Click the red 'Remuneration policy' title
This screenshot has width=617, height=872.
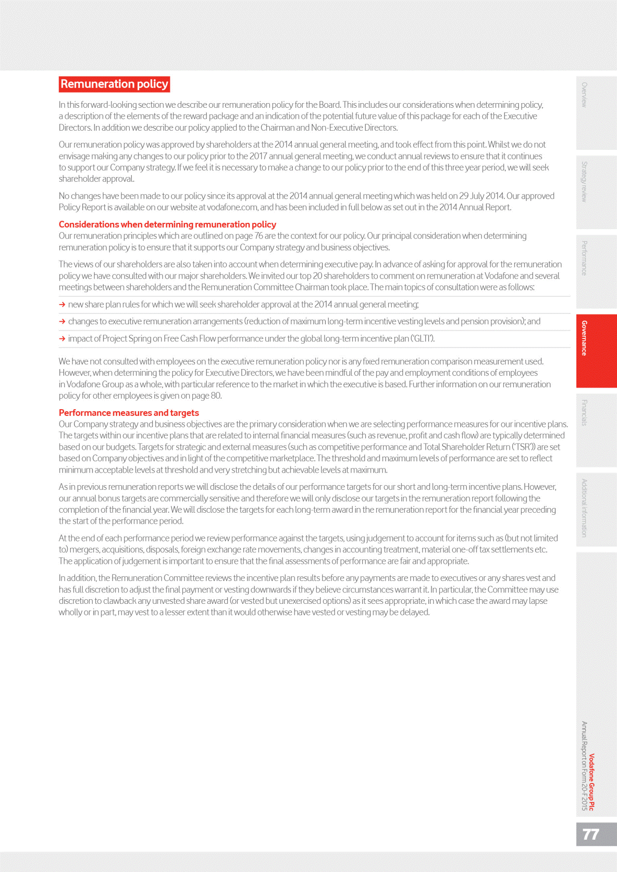tap(114, 84)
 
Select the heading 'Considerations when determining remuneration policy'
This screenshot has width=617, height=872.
tap(167, 224)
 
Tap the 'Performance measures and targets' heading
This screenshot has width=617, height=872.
tap(129, 413)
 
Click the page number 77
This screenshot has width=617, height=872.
tap(590, 835)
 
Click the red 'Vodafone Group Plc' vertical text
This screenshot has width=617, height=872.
tap(592, 782)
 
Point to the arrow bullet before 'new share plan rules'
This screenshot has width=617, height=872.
tap(62, 305)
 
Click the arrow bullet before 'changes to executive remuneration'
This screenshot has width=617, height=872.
tap(62, 322)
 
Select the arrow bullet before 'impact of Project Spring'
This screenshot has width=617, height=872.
tap(62, 339)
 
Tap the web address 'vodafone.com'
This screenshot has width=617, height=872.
tap(232, 208)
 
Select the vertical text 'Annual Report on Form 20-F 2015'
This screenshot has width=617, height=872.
tap(584, 765)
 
